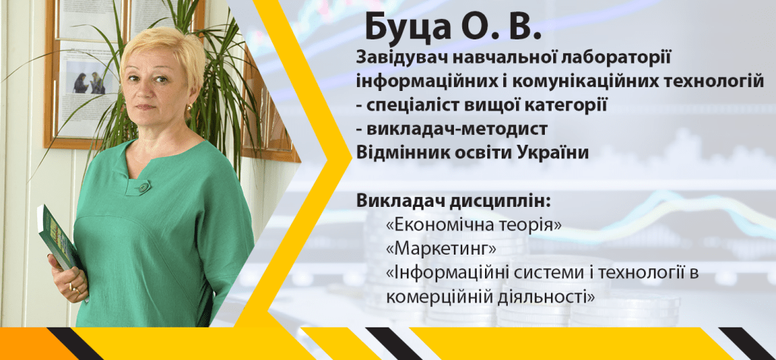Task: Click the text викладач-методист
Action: tap(457, 130)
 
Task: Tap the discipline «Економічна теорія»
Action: tap(474, 225)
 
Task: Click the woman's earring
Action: tap(189, 108)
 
